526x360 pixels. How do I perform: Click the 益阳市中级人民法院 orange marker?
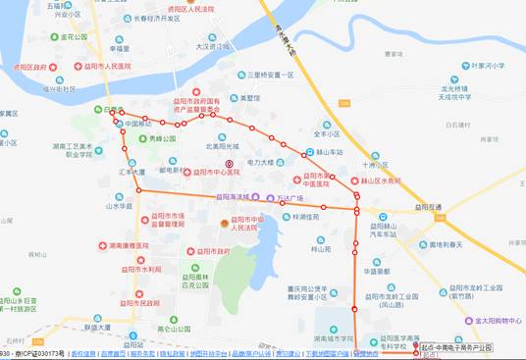(224, 224)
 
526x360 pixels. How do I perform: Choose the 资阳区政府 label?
(29, 67)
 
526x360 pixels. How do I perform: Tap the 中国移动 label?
(139, 125)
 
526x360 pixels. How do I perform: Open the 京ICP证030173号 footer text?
(40, 353)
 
